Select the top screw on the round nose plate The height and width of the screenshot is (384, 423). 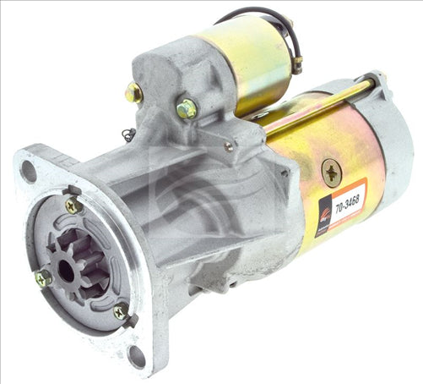point(73,205)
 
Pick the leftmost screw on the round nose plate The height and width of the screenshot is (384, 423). point(43,277)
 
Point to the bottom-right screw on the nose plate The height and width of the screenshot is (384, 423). point(122,311)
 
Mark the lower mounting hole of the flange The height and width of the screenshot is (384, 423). point(136,355)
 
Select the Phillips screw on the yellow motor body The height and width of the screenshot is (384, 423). point(331,173)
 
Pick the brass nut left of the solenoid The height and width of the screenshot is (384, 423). point(133,93)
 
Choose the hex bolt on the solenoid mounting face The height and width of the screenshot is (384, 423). point(186,108)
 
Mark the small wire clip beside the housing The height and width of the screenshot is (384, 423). point(127,133)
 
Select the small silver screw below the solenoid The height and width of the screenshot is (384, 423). point(228,146)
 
